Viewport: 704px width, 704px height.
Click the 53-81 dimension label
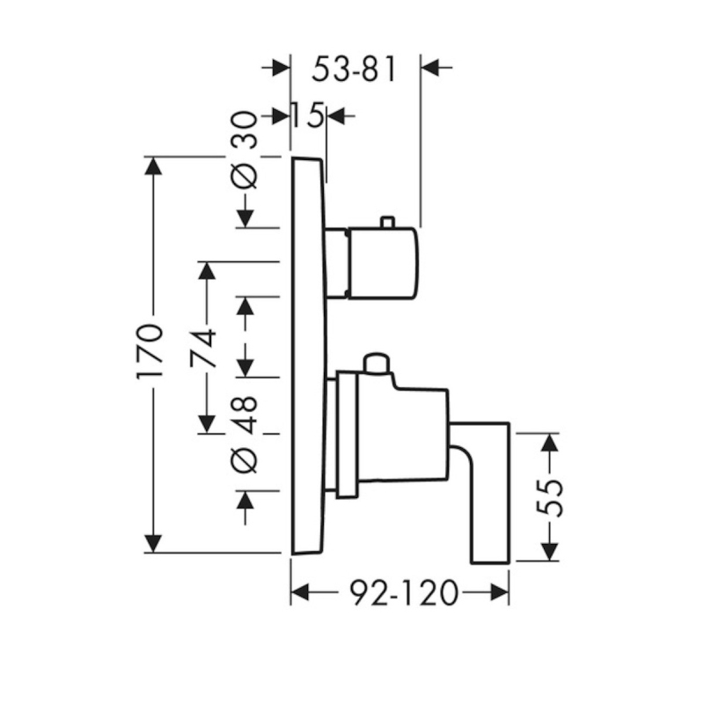tap(355, 70)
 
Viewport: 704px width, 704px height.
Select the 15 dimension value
tap(308, 115)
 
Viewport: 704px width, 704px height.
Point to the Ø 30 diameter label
tap(246, 150)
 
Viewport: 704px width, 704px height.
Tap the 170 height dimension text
tap(150, 351)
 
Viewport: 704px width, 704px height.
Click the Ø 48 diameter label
tap(246, 435)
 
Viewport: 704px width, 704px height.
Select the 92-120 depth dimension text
tap(405, 592)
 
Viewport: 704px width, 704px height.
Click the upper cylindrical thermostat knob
tap(382, 263)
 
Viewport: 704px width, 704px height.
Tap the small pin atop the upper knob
tap(387, 223)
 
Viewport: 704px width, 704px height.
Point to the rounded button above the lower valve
tap(377, 363)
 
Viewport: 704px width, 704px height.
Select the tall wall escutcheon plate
tap(309, 356)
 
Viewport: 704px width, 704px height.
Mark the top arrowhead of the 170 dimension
tap(154, 165)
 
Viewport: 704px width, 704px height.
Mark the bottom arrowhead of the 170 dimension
tap(154, 544)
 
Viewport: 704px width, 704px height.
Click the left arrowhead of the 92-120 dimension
tap(300, 592)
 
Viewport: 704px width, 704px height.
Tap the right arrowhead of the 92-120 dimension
tap(500, 592)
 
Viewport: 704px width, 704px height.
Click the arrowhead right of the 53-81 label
tap(430, 68)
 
